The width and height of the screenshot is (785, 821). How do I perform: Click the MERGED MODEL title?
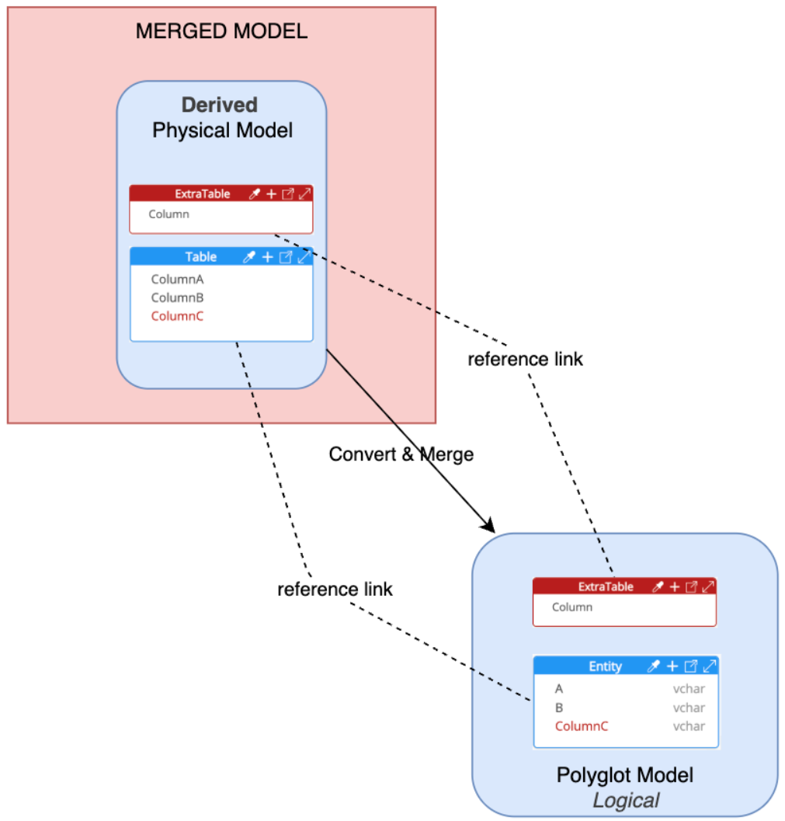coord(221,32)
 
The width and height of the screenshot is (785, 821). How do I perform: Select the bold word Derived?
coord(220,105)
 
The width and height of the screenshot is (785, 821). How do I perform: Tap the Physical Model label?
coord(222,130)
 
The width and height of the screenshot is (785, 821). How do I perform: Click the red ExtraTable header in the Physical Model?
coord(202,193)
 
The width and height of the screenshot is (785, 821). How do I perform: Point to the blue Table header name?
coord(200,256)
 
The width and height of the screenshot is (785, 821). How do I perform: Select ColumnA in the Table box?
coord(177,279)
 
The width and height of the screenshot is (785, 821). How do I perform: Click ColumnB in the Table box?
coord(177,297)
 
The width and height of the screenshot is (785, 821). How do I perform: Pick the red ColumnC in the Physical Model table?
coord(177,316)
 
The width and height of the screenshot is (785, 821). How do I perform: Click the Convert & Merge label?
coord(401,454)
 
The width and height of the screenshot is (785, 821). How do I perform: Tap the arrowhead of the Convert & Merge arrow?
coord(489,527)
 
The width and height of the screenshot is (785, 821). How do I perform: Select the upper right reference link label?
coord(525,360)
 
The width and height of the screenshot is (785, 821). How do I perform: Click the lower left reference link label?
coord(335,590)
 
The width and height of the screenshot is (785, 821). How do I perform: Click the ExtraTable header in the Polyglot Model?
coord(606,587)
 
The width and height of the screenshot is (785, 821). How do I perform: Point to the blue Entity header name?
coord(605,666)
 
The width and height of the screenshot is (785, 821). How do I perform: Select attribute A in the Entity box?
coord(559,689)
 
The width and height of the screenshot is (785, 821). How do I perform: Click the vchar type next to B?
coord(688,708)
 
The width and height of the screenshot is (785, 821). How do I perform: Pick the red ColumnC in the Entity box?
coord(581,726)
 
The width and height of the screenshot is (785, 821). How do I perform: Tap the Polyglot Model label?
coord(624,774)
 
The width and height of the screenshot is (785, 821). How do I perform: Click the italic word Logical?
coord(626,800)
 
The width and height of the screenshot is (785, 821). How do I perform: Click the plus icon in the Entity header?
coord(672,666)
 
